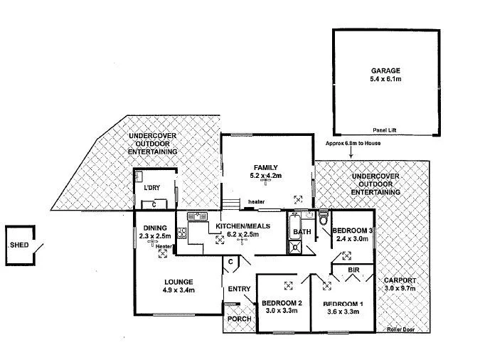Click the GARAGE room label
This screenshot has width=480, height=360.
[x=385, y=71]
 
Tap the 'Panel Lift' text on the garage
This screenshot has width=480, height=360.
[x=386, y=130]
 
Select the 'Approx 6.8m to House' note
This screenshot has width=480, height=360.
[x=353, y=142]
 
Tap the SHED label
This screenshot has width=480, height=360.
[x=18, y=245]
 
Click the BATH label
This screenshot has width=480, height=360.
[x=302, y=232]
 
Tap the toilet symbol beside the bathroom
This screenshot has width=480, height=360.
[x=324, y=215]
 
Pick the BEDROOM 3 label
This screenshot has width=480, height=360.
[x=353, y=229]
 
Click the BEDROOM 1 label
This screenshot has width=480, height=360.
[x=343, y=304]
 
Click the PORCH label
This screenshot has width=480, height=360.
[x=238, y=319]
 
